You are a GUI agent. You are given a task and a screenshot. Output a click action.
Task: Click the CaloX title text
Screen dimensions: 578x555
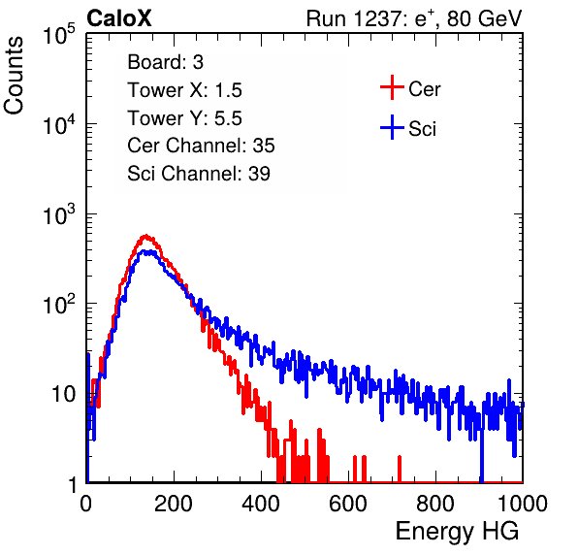coord(119,18)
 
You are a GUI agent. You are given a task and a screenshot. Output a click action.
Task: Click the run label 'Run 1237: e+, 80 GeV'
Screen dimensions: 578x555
coord(414,18)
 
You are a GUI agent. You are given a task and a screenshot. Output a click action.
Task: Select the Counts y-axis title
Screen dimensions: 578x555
coord(14,76)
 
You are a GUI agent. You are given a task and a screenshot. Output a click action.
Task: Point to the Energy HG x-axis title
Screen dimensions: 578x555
coord(457,532)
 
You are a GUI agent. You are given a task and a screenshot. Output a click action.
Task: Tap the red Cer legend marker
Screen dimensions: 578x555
coord(392,87)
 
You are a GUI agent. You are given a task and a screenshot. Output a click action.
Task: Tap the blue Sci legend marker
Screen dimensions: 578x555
coord(392,128)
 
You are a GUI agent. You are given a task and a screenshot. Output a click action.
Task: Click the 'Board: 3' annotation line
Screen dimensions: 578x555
coord(166,62)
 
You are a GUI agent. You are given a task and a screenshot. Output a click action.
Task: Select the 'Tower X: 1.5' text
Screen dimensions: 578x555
coord(184,90)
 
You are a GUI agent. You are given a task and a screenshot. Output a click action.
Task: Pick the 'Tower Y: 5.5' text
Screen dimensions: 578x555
coord(184,118)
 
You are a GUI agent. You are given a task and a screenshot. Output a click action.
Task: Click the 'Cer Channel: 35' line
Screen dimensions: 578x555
coord(201,146)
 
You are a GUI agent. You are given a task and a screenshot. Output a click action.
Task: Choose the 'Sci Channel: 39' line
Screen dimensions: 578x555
coord(199,174)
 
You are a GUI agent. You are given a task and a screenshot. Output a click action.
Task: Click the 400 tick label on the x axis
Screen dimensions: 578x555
coord(261,504)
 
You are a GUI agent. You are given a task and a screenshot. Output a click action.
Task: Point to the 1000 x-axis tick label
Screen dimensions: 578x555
coord(523,504)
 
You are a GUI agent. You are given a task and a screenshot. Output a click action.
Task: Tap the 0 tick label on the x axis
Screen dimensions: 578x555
coord(86,504)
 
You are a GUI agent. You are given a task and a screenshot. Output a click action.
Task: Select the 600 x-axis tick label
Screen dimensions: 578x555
coord(348,504)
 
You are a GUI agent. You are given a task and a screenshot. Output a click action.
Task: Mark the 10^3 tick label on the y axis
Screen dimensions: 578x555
coord(59,214)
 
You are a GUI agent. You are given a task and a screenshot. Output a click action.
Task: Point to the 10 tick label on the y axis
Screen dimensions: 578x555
coord(64,394)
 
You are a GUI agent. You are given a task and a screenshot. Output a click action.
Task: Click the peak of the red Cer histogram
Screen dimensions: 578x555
coord(146,235)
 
